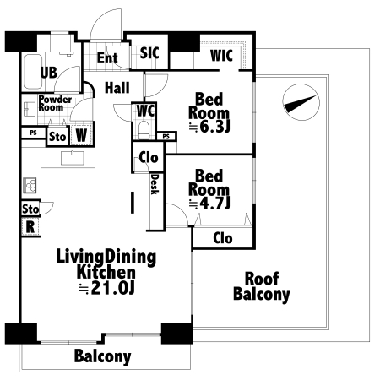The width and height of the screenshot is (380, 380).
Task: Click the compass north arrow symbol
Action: coord(301,102)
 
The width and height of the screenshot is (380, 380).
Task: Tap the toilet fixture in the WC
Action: coord(144,129)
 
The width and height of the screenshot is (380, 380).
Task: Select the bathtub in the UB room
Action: coord(33,72)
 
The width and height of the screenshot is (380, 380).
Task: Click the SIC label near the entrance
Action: coord(149,53)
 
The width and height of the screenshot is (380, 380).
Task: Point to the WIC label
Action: coord(221,56)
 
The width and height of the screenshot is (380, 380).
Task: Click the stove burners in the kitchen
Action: coord(30,186)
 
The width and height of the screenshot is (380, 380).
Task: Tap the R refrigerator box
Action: coord(30,227)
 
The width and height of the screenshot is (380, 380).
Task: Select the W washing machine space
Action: coord(81,135)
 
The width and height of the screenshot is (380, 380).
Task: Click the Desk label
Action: coord(155,184)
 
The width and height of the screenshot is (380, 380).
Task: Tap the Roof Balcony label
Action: coord(262,286)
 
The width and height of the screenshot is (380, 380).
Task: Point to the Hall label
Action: coord(117,88)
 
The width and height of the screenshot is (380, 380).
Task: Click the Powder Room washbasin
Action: coord(29,109)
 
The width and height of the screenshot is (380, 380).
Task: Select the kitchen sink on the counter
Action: coord(73,158)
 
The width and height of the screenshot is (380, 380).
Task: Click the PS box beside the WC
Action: coord(166,137)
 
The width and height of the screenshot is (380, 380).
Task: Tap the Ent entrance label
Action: coord(107,58)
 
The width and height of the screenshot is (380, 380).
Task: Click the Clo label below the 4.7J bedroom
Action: coord(223,238)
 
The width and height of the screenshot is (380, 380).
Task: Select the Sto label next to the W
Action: coord(57,137)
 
